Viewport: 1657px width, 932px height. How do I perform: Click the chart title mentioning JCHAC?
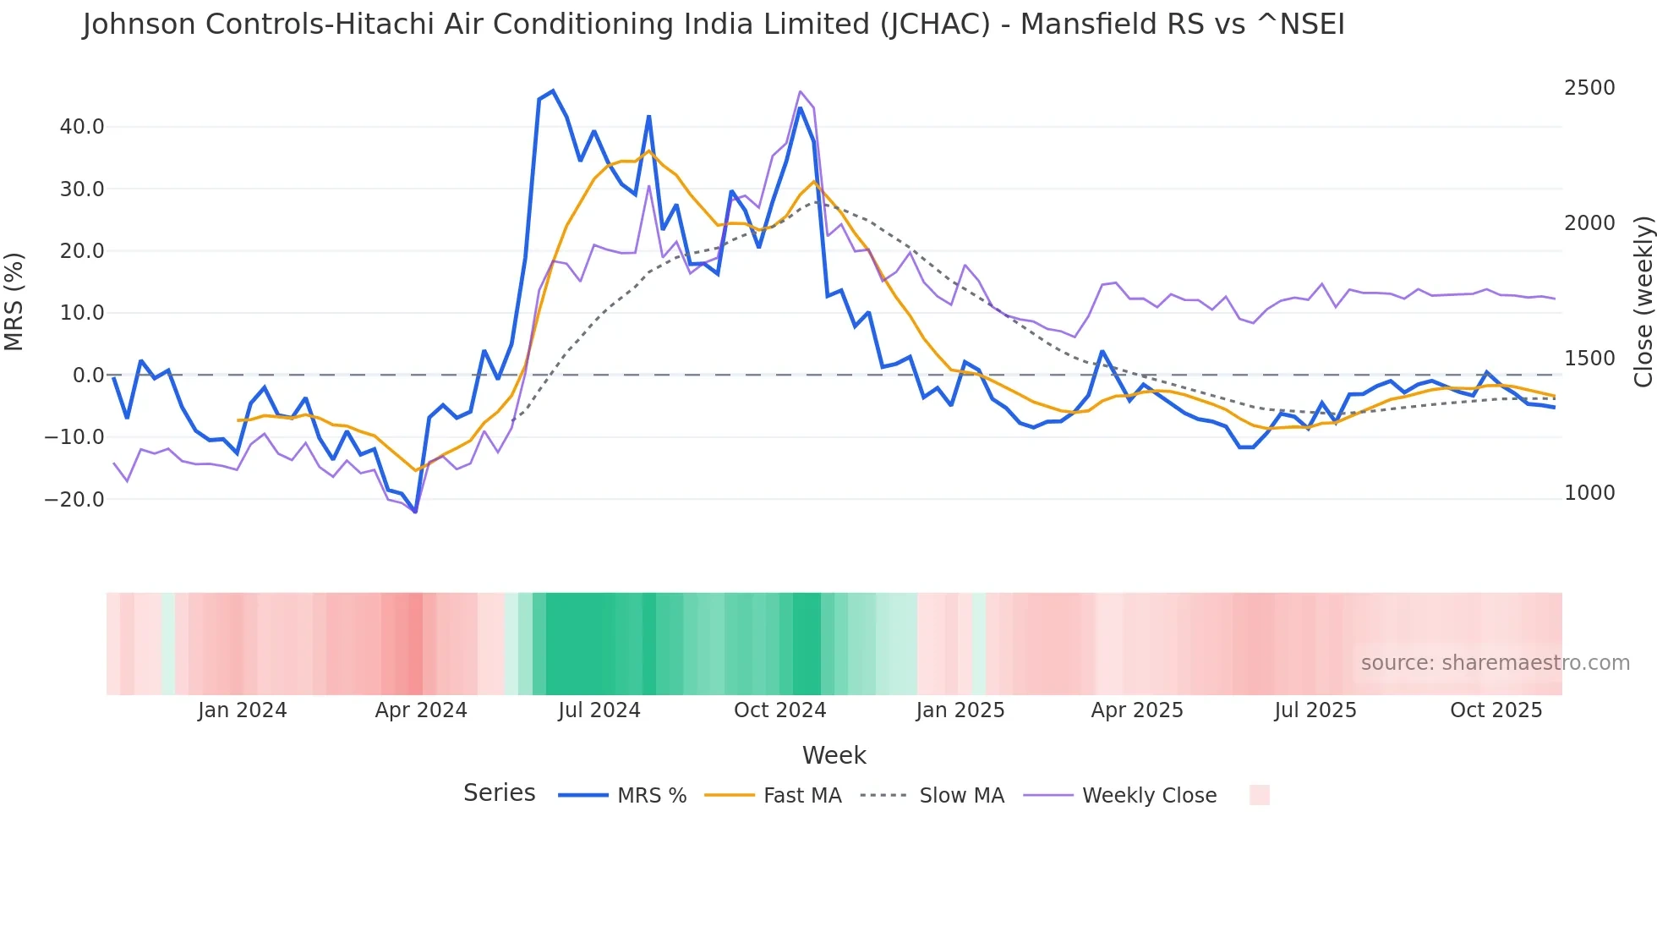713,25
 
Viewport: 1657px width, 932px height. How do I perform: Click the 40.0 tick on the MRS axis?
81,127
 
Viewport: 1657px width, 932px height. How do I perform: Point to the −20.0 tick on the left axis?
74,499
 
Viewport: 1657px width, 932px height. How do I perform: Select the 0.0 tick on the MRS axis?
88,375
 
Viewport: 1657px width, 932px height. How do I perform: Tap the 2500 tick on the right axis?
1589,88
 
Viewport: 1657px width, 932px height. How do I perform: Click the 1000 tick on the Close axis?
1589,493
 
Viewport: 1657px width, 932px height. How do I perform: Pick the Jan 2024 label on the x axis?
242,710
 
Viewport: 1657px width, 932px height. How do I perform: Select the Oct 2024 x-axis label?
779,710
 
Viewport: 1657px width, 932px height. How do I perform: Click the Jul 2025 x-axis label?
1315,710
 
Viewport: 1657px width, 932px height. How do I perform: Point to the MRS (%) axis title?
14,301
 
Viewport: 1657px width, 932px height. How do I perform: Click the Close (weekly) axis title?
1643,301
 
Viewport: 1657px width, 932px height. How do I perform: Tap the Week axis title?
834,755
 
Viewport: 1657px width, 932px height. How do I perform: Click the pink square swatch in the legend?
1259,795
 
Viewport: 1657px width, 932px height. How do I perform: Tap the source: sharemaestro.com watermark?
1495,663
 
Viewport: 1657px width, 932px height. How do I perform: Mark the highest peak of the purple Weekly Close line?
800,91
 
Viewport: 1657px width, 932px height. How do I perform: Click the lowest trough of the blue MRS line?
415,512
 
